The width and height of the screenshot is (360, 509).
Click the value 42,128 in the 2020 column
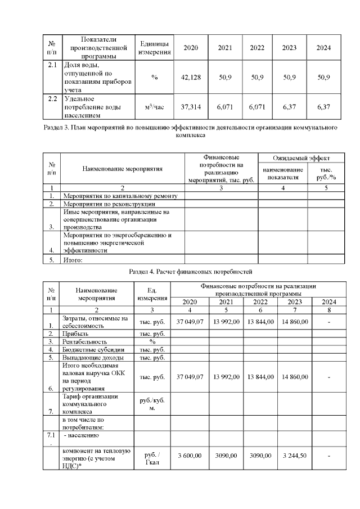tap(191, 77)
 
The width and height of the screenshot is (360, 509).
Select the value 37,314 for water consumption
tap(191, 106)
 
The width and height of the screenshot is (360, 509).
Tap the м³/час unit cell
tap(154, 106)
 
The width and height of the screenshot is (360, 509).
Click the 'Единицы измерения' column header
tap(154, 48)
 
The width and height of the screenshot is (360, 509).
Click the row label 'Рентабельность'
tap(84, 341)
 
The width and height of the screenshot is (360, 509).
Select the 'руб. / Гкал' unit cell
tap(152, 459)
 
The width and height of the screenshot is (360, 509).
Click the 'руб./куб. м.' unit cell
tap(152, 404)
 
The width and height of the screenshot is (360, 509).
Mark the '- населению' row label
tap(82, 435)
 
